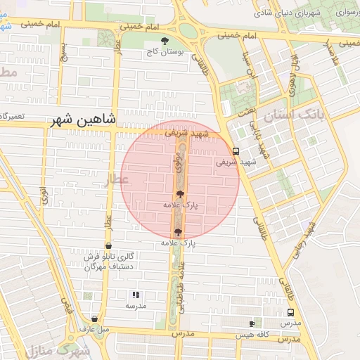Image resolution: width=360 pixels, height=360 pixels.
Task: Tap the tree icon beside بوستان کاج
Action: (165, 40)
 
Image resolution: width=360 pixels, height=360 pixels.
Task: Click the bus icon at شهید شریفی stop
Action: (236, 150)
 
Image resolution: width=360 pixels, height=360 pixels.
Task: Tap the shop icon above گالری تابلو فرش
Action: (108, 245)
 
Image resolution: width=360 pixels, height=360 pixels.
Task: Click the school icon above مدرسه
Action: (136, 295)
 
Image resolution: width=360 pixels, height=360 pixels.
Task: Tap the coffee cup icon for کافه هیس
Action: (252, 323)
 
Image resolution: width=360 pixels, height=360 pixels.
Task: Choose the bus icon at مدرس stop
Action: (291, 313)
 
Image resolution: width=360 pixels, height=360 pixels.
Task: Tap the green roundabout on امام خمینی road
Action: (188, 30)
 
